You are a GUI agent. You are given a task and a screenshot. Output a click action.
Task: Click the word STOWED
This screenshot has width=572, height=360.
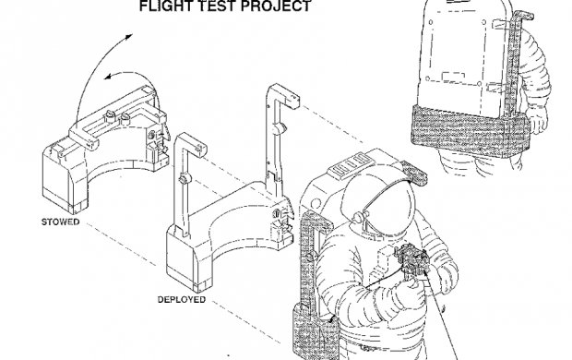click(60, 222)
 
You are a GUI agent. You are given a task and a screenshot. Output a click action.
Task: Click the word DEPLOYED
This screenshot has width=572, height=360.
click(182, 299)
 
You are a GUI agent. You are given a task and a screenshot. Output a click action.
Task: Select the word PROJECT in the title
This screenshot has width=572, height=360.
click(278, 6)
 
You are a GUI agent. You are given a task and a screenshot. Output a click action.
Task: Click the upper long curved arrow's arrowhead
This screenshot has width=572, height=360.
click(128, 37)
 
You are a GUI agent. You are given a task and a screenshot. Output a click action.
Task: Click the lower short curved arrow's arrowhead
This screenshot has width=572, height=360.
click(108, 76)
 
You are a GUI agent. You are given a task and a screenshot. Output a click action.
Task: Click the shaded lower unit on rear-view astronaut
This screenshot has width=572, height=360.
click(469, 131)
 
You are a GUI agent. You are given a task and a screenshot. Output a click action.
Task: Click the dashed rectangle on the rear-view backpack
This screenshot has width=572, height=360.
click(453, 77)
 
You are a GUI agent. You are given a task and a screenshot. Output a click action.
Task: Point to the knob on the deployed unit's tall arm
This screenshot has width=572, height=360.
click(280, 127)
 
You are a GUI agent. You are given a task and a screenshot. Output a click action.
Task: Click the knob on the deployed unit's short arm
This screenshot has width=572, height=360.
click(184, 179)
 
